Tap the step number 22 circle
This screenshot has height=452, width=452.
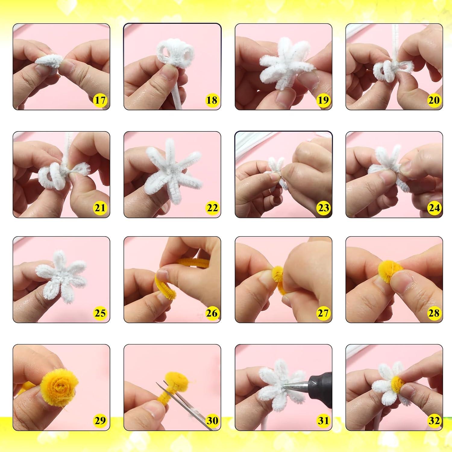pos(212,208)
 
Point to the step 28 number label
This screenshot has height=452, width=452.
pos(434,313)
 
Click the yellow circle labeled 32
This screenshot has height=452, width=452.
pos(434,420)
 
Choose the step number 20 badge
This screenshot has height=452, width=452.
pos(434,100)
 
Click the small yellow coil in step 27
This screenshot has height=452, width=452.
pos(278,273)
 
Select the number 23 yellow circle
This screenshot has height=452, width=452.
pos(323,208)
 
